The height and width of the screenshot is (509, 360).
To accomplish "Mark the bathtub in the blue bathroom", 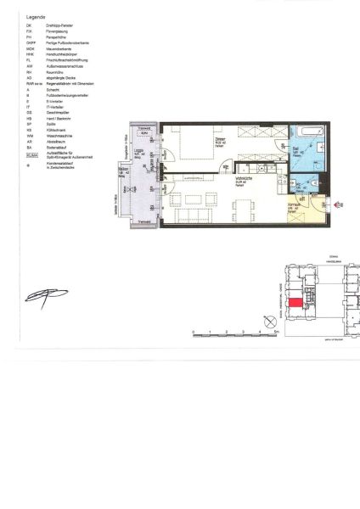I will coord(305,132).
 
